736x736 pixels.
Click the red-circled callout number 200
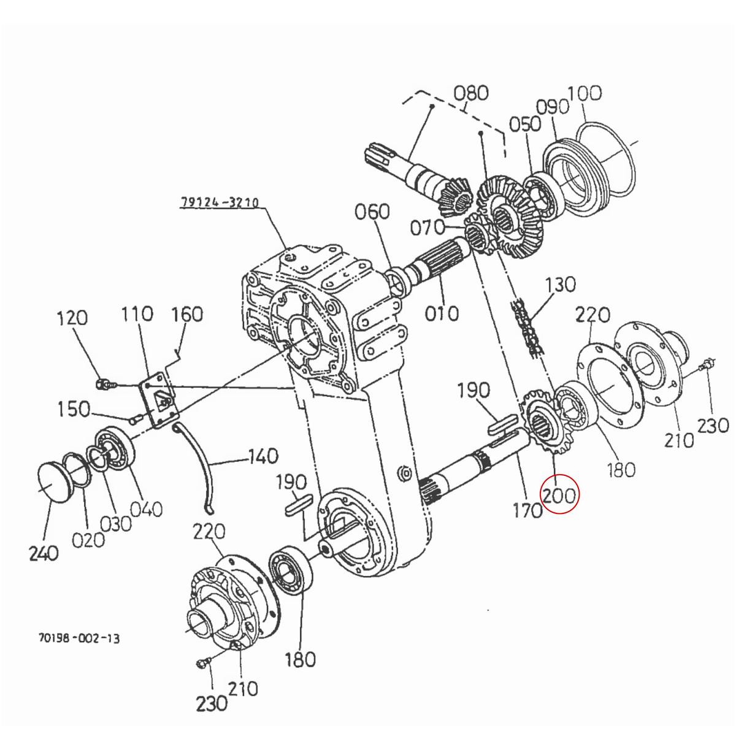[559, 494]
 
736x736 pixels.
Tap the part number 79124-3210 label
[220, 202]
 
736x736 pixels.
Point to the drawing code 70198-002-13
[79, 638]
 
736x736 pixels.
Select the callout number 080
[471, 93]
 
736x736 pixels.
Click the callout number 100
[584, 93]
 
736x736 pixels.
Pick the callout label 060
[372, 212]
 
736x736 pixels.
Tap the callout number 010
[442, 313]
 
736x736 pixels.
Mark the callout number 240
[44, 553]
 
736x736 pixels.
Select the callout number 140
[263, 456]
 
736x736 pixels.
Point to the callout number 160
[186, 314]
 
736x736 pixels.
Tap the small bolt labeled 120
[105, 385]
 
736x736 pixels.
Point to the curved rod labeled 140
[202, 466]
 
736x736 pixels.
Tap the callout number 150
[74, 409]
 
